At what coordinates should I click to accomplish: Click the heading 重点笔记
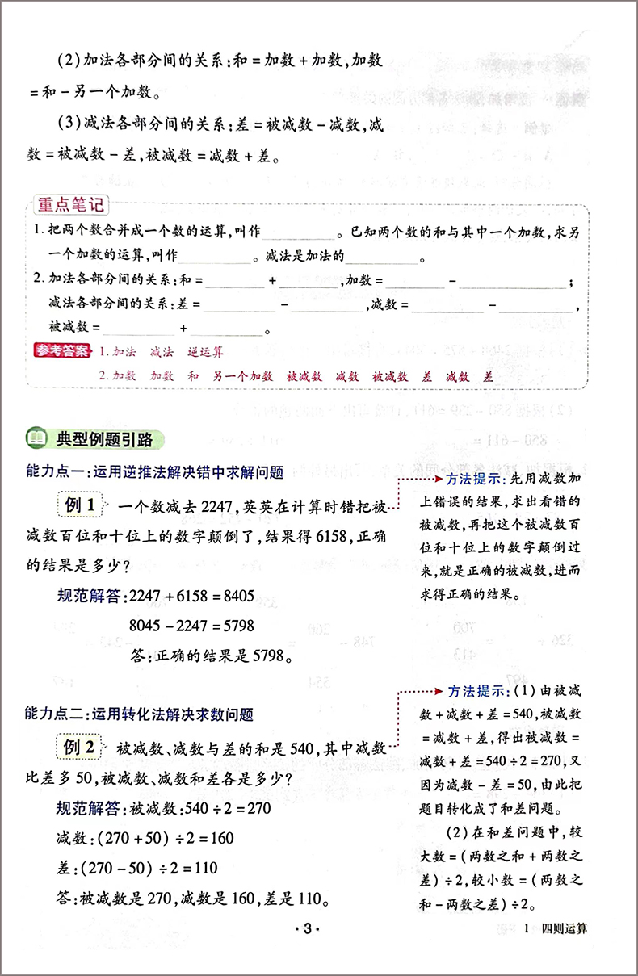pos(71,207)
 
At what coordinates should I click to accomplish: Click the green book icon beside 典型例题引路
pos(37,439)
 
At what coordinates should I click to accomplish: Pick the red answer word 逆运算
pos(205,352)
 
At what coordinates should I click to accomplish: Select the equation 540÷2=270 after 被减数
pos(220,809)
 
